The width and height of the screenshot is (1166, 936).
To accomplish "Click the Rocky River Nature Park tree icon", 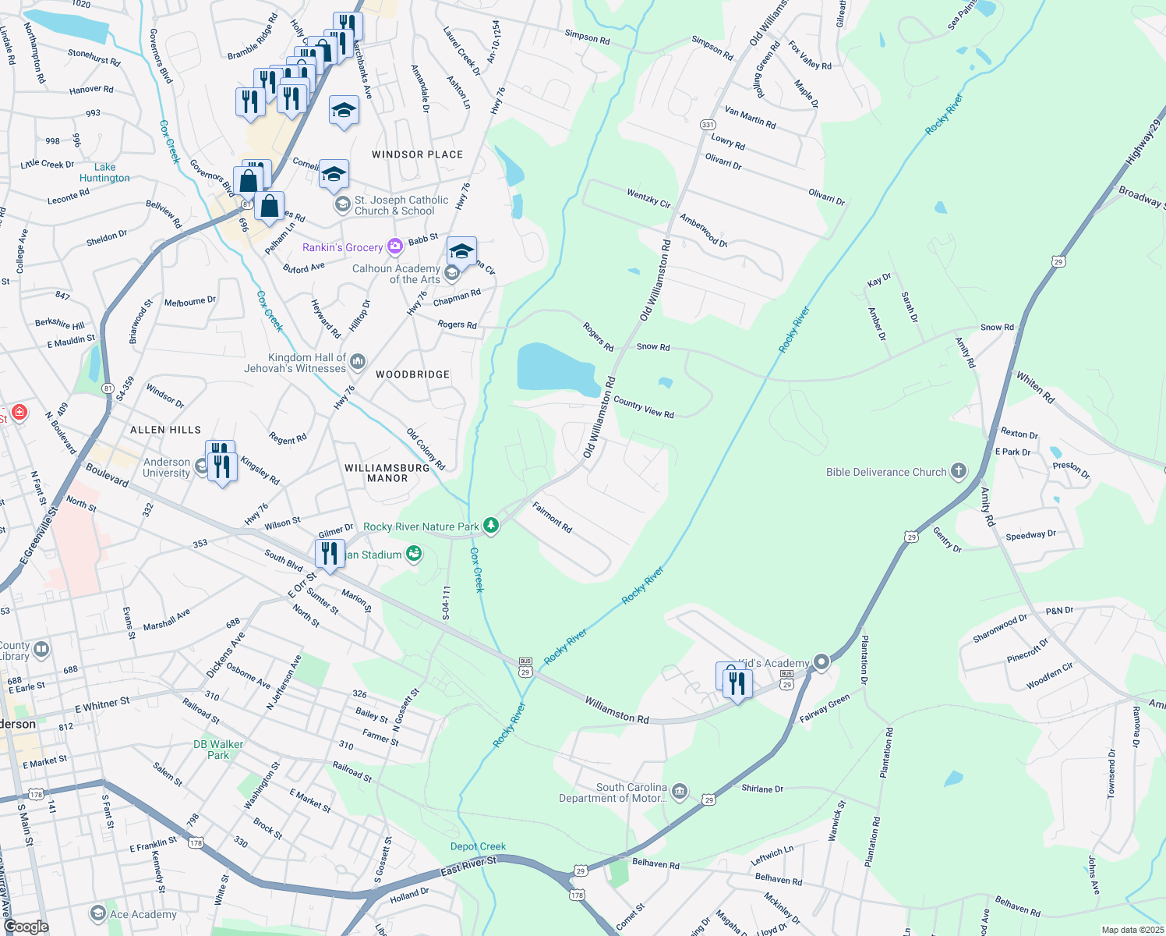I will pyautogui.click(x=490, y=526).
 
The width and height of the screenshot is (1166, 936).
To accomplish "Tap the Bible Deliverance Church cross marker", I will pyautogui.click(x=959, y=471).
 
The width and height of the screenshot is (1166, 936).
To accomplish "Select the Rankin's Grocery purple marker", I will pyautogui.click(x=395, y=246).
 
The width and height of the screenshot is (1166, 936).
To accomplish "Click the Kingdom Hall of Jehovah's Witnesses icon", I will pyautogui.click(x=358, y=360).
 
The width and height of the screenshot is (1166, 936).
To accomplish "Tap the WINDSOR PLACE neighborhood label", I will pyautogui.click(x=417, y=154).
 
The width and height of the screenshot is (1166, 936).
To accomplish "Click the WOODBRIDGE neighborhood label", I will pyautogui.click(x=412, y=374).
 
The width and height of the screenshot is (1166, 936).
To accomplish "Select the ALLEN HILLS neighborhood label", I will pyautogui.click(x=165, y=430).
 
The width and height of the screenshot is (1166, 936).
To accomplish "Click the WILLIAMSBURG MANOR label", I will pyautogui.click(x=387, y=473).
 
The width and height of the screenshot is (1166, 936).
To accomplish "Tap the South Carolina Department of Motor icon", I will pyautogui.click(x=680, y=792).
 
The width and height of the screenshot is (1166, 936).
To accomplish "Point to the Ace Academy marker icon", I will pyautogui.click(x=97, y=913).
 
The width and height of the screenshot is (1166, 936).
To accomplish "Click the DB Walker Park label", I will pyautogui.click(x=218, y=750).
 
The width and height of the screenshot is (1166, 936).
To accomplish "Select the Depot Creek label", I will pyautogui.click(x=478, y=846).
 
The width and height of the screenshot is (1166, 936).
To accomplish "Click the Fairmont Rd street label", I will pyautogui.click(x=552, y=518).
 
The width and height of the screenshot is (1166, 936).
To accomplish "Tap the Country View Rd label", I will pyautogui.click(x=643, y=408).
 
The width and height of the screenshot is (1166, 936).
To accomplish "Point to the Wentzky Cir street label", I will pyautogui.click(x=648, y=197).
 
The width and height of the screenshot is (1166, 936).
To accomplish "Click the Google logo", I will pyautogui.click(x=26, y=926).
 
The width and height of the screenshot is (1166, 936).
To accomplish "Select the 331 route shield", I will pyautogui.click(x=708, y=125).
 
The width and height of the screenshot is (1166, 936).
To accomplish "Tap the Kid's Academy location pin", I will pyautogui.click(x=821, y=662).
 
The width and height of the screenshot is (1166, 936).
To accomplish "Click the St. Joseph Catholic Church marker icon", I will pyautogui.click(x=341, y=204).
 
